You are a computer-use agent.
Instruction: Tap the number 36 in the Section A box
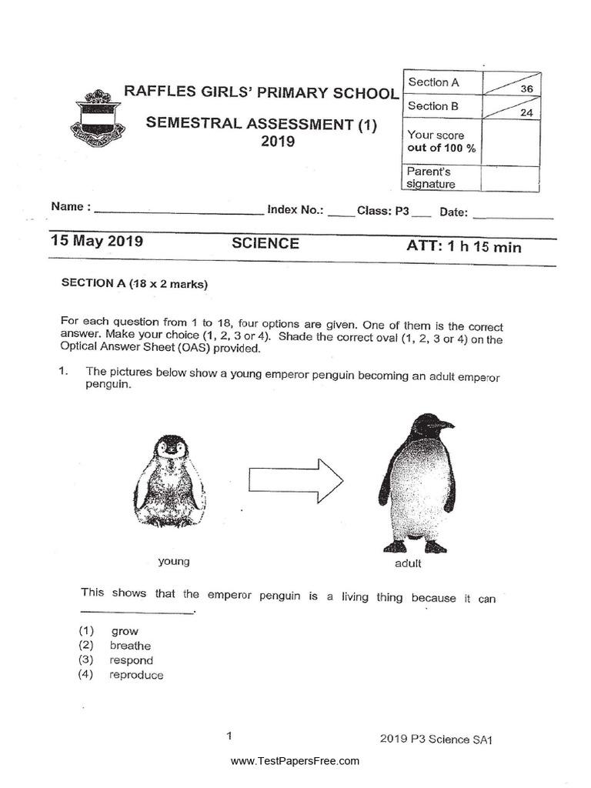tap(526, 89)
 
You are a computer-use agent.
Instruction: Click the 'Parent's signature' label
tap(431, 178)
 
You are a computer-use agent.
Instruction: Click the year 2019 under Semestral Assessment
tap(278, 142)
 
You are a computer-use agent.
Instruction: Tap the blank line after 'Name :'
tap(179, 212)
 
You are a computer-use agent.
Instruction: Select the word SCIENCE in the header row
tap(265, 244)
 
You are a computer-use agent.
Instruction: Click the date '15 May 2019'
tap(97, 241)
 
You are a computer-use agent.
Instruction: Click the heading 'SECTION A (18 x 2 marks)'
tap(135, 283)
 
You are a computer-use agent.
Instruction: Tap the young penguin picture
tap(172, 482)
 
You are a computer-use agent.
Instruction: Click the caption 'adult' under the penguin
tap(408, 563)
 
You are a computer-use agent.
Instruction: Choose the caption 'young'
tap(174, 561)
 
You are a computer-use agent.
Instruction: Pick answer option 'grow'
tap(125, 631)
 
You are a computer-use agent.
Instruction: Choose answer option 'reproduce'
tap(136, 675)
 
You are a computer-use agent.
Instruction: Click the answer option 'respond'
tap(131, 660)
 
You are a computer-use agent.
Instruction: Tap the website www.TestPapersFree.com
tap(295, 761)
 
